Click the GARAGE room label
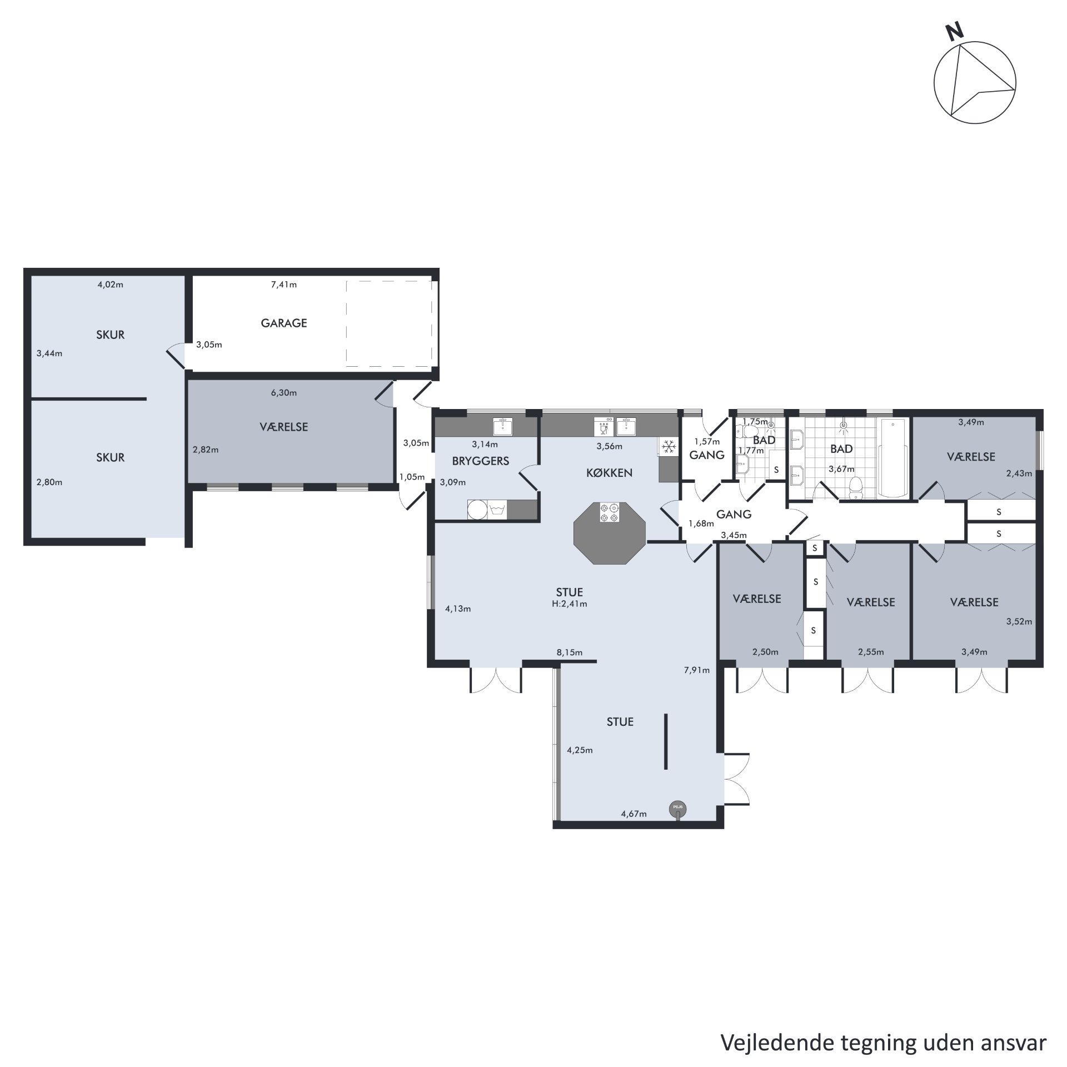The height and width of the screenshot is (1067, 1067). [x=284, y=323]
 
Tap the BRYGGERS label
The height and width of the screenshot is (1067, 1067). [x=480, y=461]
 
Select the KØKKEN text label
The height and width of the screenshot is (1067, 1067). [x=609, y=473]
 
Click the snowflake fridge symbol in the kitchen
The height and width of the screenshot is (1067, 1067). [x=668, y=446]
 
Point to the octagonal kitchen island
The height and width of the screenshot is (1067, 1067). [x=610, y=533]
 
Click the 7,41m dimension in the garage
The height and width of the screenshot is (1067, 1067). [x=283, y=285]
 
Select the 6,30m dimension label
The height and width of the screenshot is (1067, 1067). [x=283, y=393]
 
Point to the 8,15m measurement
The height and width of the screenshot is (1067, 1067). [x=570, y=652]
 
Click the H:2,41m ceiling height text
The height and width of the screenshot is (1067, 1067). [x=570, y=604]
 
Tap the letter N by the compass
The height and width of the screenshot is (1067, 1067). [x=955, y=32]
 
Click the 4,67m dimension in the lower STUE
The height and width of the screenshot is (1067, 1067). [x=634, y=814]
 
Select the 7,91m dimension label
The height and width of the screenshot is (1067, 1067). [x=697, y=670]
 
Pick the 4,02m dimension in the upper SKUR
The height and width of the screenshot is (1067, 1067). [x=110, y=285]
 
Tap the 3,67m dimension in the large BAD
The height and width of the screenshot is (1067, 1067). [x=841, y=469]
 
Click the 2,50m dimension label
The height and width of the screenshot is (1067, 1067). [x=765, y=652]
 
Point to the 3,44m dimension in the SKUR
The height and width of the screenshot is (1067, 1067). [x=49, y=353]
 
